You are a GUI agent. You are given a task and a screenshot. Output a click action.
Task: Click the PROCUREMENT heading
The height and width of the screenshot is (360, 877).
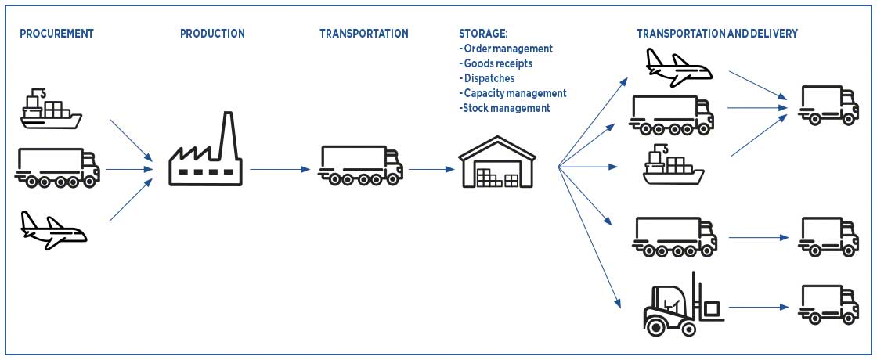(x=56, y=34)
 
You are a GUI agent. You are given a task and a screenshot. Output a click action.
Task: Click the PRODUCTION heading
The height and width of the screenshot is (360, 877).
(x=212, y=34)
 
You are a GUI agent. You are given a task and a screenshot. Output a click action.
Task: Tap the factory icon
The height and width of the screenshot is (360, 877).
(x=206, y=157)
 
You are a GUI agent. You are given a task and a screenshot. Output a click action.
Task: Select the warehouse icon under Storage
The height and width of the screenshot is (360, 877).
(x=496, y=163)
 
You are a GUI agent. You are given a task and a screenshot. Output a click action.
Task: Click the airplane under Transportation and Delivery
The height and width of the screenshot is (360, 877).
(x=678, y=67)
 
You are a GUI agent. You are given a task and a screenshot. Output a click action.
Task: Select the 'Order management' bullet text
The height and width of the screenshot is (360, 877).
(x=507, y=49)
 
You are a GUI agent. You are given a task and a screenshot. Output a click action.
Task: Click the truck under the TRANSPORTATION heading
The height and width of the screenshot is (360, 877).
(x=360, y=164)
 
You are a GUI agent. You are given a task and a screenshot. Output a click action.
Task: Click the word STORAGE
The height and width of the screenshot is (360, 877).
(x=483, y=34)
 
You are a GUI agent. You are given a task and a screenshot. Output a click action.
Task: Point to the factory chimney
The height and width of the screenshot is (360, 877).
(x=228, y=133)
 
